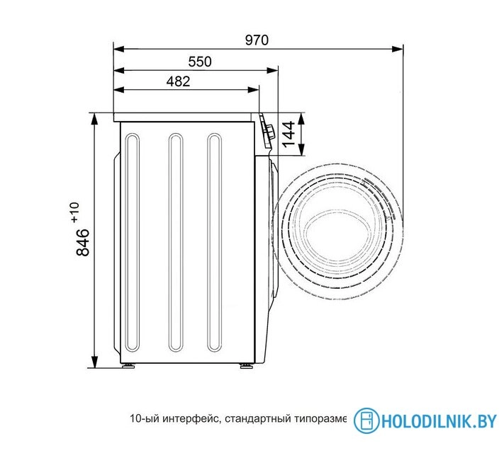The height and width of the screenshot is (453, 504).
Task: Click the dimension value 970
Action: [x=257, y=40]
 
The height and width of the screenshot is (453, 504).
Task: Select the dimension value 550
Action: [x=199, y=62]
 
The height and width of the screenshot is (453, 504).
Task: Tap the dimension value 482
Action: [x=177, y=81]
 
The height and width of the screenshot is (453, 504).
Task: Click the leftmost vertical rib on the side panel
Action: [x=133, y=242]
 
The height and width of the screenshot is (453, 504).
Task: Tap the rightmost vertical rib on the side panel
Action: [x=215, y=242]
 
